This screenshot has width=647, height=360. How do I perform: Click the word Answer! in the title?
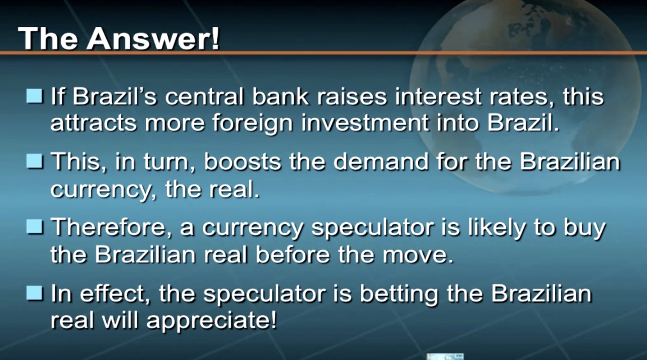pyautogui.click(x=153, y=38)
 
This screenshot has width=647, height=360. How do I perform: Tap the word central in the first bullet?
pyautogui.click(x=204, y=96)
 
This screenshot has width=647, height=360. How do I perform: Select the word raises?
pyautogui.click(x=352, y=96)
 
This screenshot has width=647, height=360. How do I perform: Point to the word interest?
pyautogui.click(x=438, y=96)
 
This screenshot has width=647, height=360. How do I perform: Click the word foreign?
pyautogui.click(x=253, y=123)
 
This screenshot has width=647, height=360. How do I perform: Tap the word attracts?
pyautogui.click(x=93, y=123)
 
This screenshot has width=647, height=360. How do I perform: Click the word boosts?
pyautogui.click(x=242, y=161)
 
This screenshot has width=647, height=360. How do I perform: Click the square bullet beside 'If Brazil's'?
pyautogui.click(x=35, y=96)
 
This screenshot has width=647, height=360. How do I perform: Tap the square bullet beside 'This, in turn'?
pyautogui.click(x=35, y=161)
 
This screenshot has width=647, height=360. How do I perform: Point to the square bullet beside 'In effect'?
pyautogui.click(x=35, y=293)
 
